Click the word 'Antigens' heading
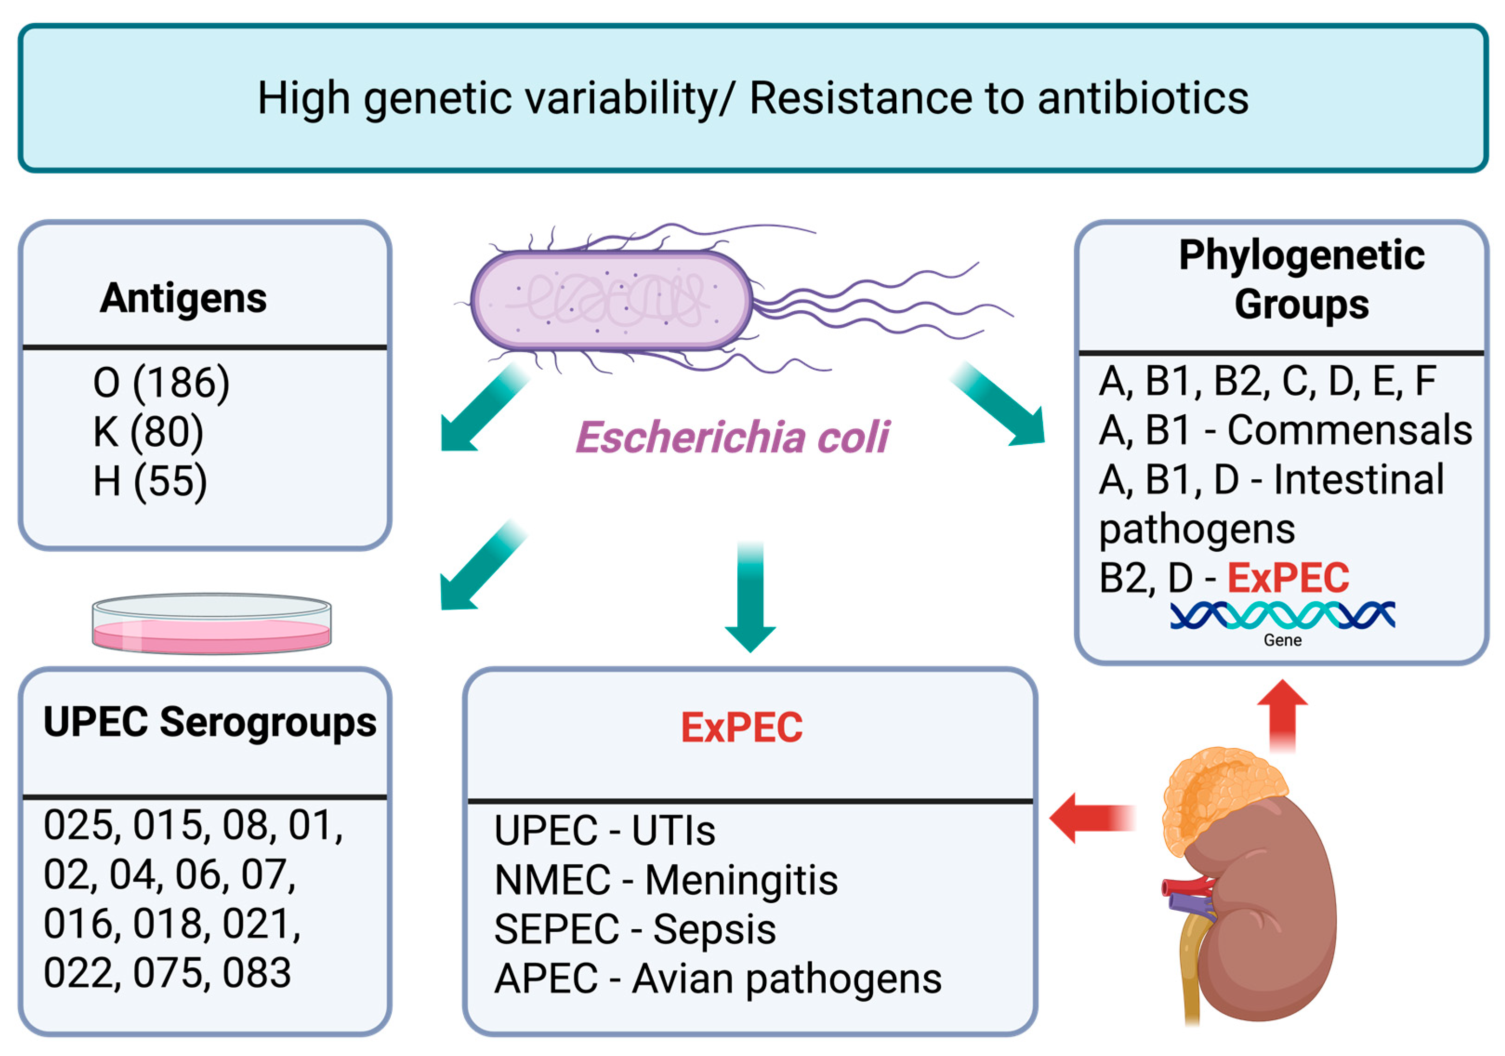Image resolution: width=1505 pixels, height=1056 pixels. tap(183, 299)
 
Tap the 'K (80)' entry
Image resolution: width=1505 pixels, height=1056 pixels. tap(148, 432)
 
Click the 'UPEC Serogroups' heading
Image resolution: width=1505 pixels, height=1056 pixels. tap(210, 723)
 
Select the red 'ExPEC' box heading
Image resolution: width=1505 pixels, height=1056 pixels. tap(742, 727)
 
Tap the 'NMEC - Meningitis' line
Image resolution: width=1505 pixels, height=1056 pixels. tap(666, 880)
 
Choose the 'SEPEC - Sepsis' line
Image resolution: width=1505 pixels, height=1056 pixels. tap(635, 929)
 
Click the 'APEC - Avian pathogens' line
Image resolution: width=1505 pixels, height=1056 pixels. tap(718, 979)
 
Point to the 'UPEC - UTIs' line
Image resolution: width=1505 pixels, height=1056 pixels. tap(605, 831)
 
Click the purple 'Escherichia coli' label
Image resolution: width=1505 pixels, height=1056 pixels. tap(732, 437)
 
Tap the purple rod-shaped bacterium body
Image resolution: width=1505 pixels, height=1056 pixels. tap(611, 300)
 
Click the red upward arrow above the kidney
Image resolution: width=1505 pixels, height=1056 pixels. tap(1283, 715)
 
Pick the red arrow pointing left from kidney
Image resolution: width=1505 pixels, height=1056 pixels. tap(1091, 818)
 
